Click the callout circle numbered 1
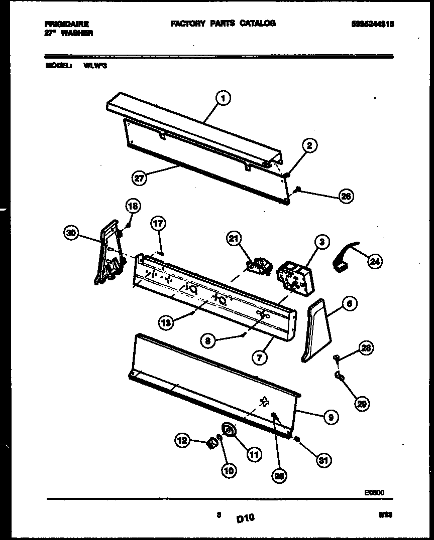coord(223,99)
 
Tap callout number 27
coord(139,177)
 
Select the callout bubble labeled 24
coord(374,261)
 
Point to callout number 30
coord(72,232)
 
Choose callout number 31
coord(324,459)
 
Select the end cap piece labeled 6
coord(315,331)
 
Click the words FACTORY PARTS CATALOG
coord(223,24)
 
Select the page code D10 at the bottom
coord(245,518)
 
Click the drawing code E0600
coord(374,492)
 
